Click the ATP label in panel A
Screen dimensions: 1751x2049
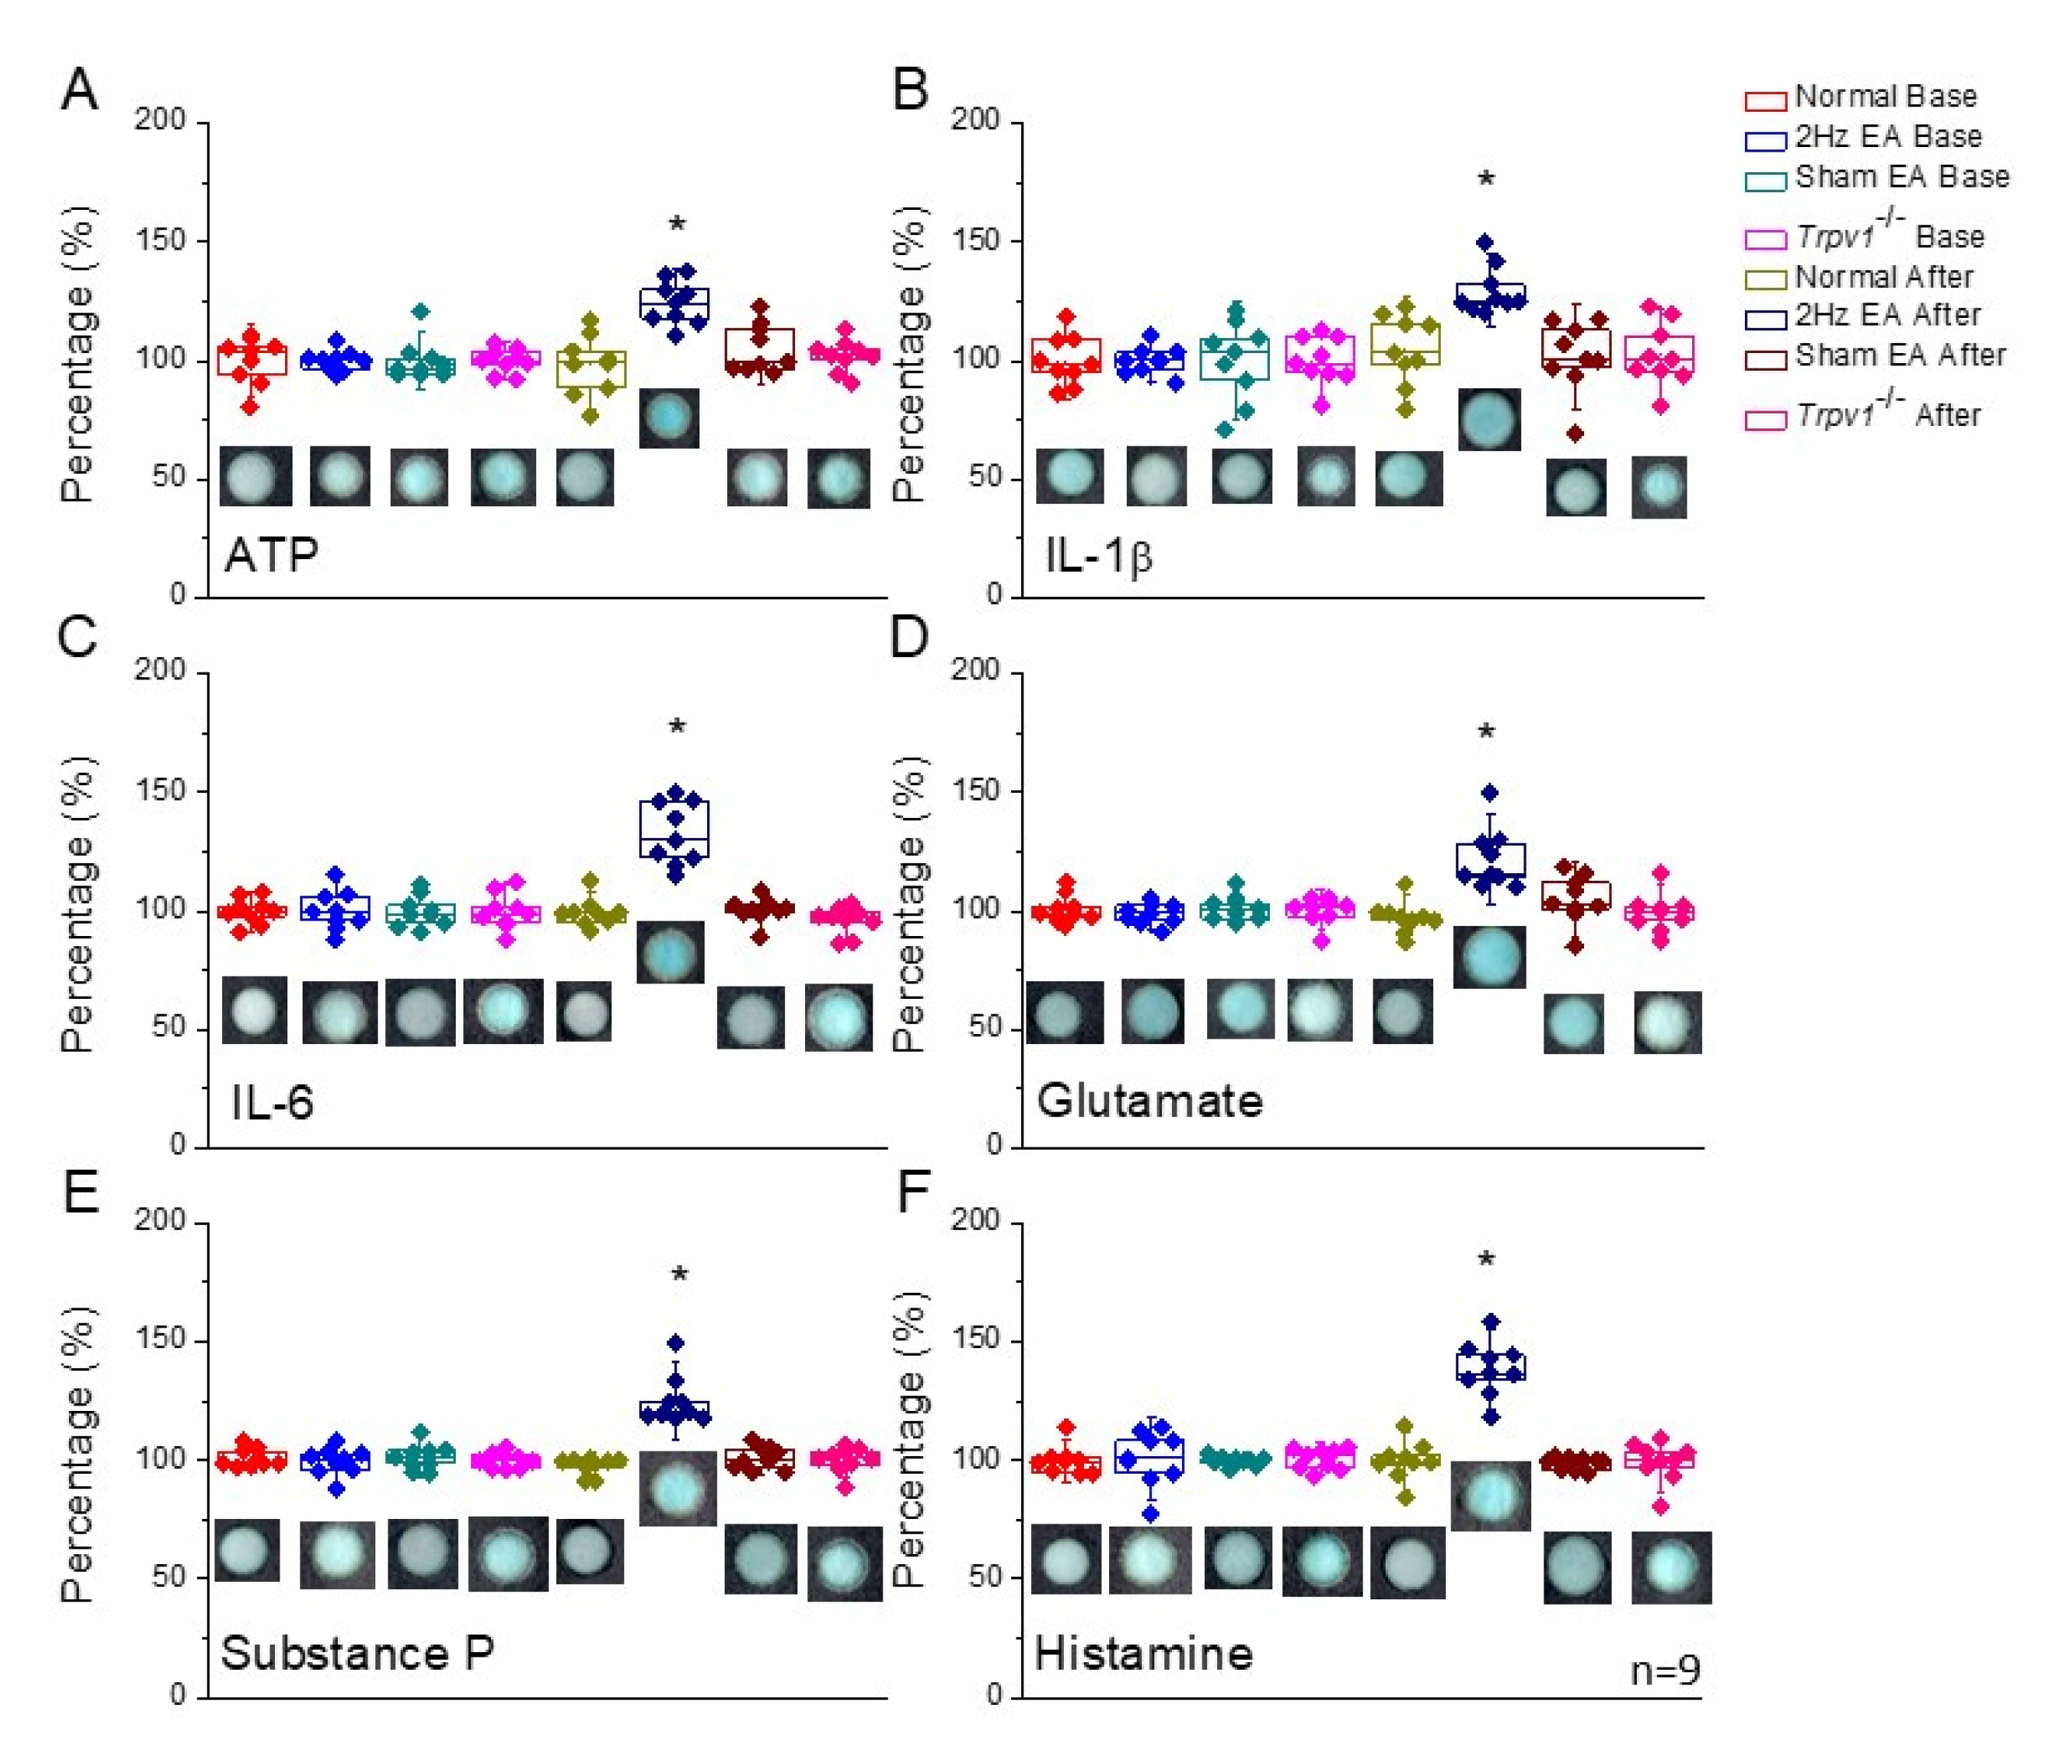point(271,555)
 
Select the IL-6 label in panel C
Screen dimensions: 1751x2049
point(272,1101)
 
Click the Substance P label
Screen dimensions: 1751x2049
point(357,1652)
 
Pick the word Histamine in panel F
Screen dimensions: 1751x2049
point(1143,1652)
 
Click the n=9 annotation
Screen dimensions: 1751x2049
point(1665,1670)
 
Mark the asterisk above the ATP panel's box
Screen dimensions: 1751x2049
point(677,225)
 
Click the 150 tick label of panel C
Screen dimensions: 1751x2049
point(160,791)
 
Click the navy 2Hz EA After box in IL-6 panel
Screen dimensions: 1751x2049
point(676,829)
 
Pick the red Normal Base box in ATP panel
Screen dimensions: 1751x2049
point(252,360)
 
